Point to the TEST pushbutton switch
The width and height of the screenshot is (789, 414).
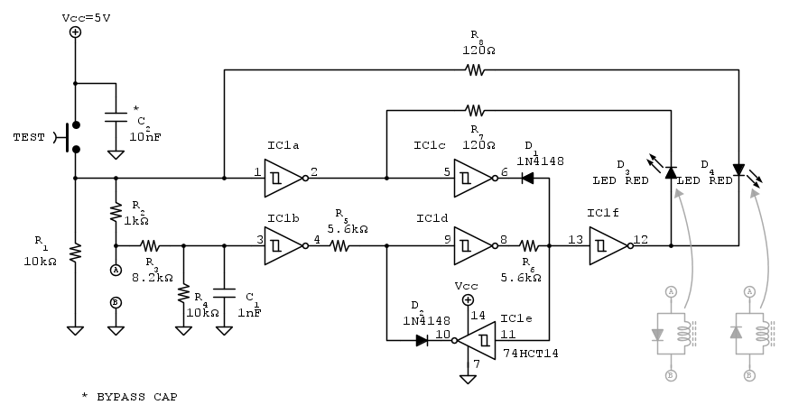pyautogui.click(x=70, y=137)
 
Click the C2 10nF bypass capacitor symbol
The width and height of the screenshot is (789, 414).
pyautogui.click(x=116, y=118)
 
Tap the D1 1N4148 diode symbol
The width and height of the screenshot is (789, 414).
pyautogui.click(x=527, y=178)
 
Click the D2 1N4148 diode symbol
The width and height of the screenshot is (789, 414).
pyautogui.click(x=422, y=340)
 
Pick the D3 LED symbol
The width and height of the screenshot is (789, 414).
pyautogui.click(x=671, y=170)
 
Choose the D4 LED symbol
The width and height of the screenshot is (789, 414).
pyautogui.click(x=738, y=170)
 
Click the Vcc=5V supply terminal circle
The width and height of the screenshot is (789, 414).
pyautogui.click(x=75, y=32)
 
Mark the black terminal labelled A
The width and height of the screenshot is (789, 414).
pyautogui.click(x=116, y=269)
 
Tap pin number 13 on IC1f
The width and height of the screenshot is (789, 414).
pyautogui.click(x=575, y=239)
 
